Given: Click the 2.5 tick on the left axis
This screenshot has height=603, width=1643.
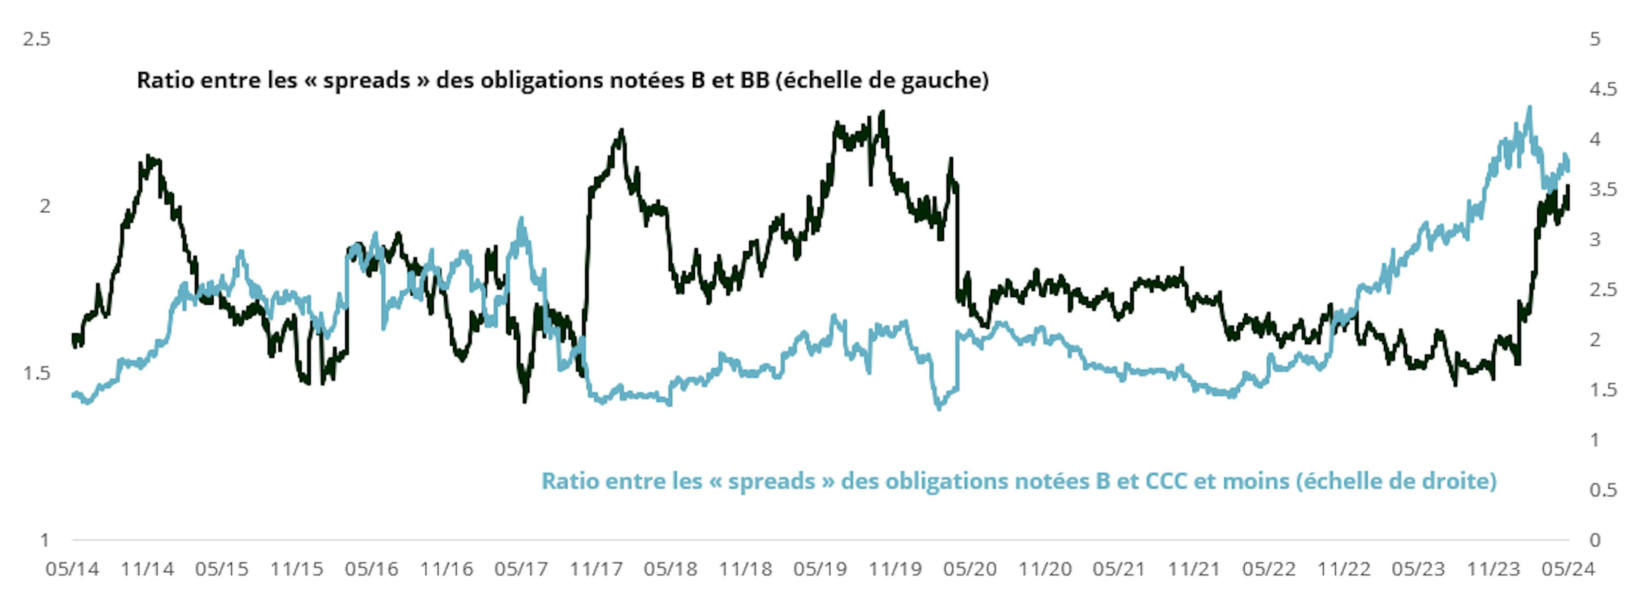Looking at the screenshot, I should (x=36, y=39).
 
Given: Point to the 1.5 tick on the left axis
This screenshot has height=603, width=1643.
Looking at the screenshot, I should (x=36, y=373).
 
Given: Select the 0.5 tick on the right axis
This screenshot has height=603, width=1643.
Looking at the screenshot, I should (x=1603, y=490).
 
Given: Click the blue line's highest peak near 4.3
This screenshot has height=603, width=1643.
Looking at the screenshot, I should (x=1529, y=108).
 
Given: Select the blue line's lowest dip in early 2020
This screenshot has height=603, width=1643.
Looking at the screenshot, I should (x=939, y=408).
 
